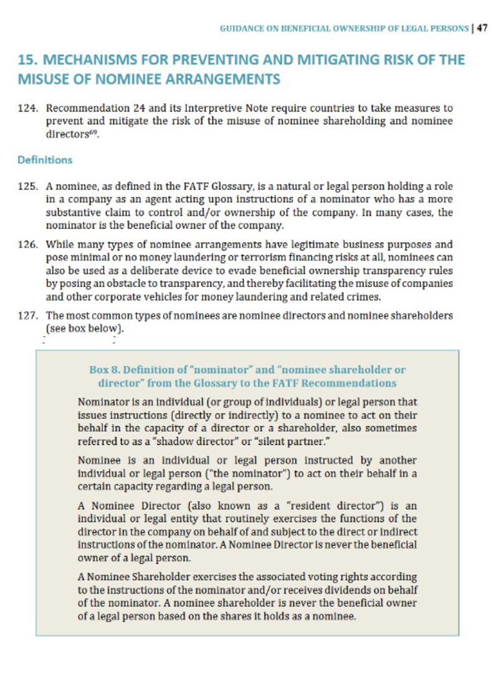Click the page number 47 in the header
482,28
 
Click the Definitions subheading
45,160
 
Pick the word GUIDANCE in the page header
244,29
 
